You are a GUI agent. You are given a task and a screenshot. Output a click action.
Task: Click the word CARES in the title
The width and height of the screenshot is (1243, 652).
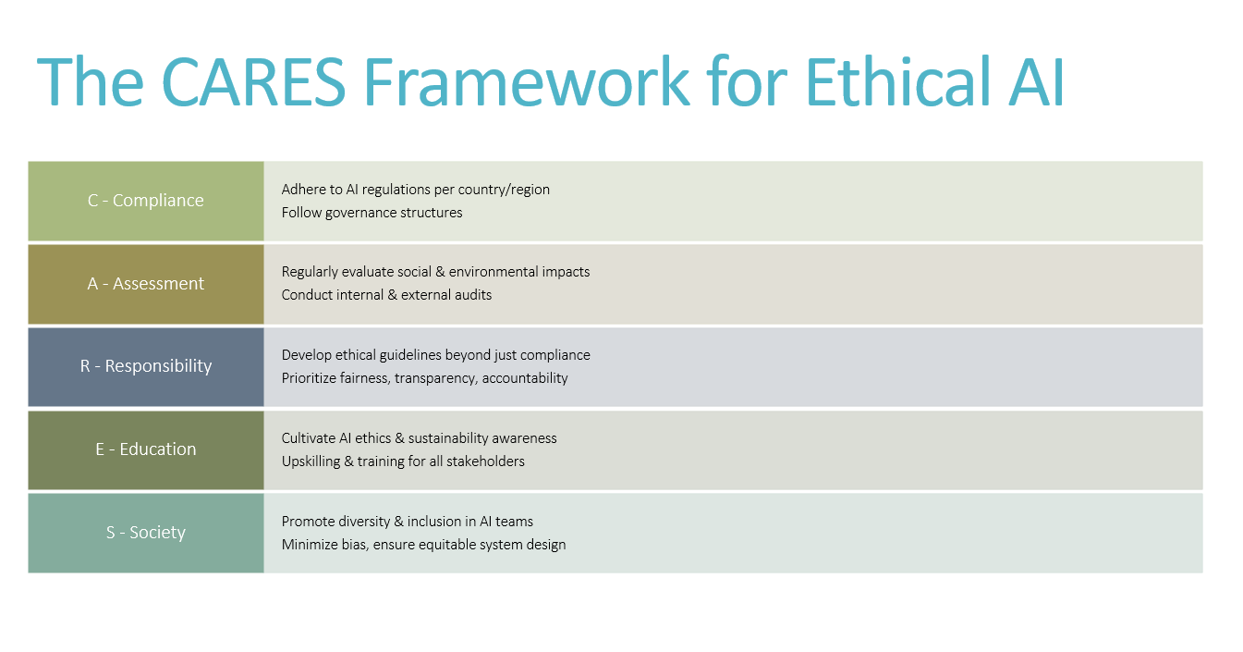click(254, 81)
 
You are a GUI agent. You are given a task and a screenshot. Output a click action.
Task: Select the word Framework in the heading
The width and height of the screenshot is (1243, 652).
click(527, 81)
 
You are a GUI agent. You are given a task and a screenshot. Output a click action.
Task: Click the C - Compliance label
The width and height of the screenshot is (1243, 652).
click(145, 200)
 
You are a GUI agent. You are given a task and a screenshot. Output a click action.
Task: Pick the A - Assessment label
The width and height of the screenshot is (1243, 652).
click(145, 283)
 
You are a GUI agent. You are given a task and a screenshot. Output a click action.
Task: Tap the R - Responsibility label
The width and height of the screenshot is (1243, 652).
click(145, 366)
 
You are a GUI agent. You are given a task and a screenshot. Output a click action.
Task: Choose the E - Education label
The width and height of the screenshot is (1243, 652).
click(145, 449)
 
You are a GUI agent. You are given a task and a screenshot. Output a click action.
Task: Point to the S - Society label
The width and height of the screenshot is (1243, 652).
click(145, 532)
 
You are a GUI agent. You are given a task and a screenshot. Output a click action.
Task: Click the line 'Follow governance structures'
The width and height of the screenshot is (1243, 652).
click(372, 213)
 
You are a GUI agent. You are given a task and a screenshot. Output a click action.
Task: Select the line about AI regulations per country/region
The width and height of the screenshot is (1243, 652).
click(416, 190)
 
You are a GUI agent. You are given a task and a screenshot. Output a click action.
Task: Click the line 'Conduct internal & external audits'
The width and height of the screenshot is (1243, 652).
click(386, 295)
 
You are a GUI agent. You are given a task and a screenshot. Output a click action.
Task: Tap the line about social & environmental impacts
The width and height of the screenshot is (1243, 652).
click(435, 272)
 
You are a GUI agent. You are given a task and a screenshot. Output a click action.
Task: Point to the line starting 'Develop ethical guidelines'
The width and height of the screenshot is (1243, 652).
click(435, 355)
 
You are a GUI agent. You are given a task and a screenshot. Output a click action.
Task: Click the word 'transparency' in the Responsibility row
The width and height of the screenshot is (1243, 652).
click(435, 379)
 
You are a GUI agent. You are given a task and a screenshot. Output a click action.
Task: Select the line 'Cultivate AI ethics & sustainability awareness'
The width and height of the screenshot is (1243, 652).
click(419, 438)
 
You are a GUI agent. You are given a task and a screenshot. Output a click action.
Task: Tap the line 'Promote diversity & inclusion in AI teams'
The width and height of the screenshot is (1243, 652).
click(408, 522)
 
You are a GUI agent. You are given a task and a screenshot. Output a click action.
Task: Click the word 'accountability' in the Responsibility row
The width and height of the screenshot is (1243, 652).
click(525, 379)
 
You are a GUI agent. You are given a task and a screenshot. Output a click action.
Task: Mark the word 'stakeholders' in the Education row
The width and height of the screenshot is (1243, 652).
click(485, 461)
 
